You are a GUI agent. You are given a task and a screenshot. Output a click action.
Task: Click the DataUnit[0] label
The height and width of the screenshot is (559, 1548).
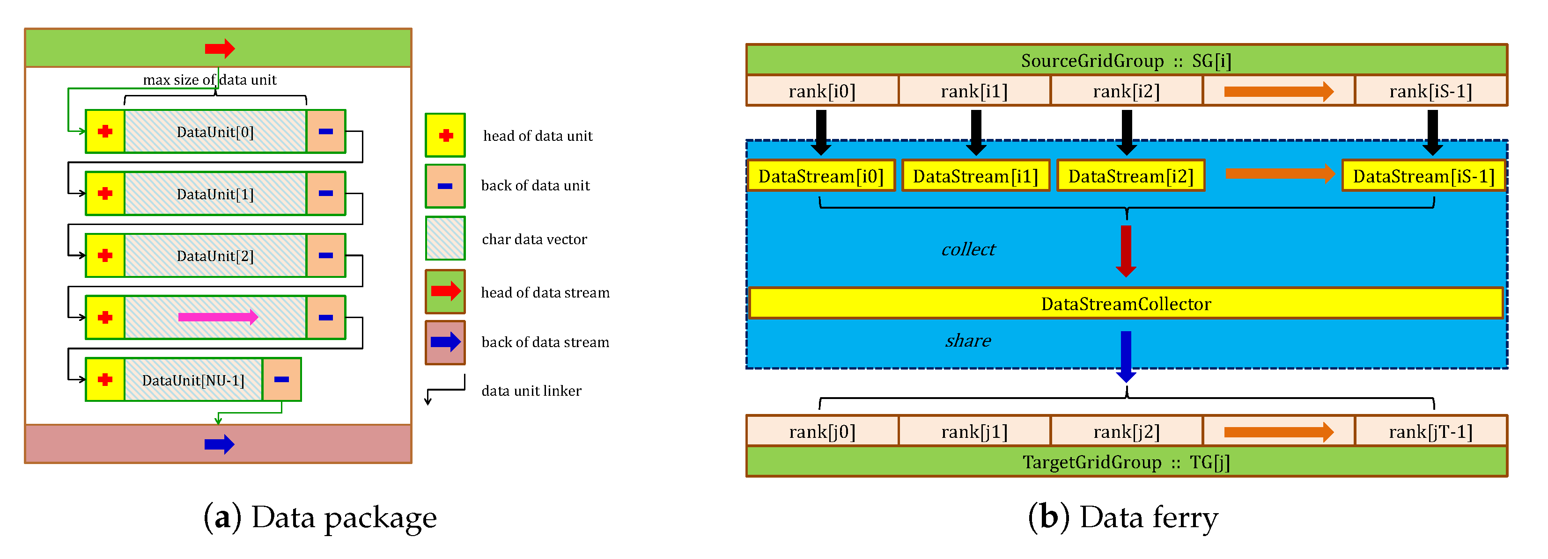215,132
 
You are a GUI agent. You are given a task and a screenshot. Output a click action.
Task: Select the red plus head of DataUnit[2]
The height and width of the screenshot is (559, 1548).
105,256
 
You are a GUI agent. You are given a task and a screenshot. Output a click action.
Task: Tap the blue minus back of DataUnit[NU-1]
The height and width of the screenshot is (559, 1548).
281,379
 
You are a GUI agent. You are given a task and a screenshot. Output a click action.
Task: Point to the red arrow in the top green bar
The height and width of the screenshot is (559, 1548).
219,49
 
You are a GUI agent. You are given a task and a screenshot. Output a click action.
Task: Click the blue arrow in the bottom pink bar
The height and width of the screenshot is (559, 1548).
219,444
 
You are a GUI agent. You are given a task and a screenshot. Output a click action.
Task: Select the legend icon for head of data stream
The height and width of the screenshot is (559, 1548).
445,292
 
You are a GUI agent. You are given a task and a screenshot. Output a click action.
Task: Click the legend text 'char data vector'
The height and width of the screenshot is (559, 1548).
534,240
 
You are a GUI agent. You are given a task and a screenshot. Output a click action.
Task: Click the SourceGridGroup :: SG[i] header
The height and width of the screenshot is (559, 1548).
1126,61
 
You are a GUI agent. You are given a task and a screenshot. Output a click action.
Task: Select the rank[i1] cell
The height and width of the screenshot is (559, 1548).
974,91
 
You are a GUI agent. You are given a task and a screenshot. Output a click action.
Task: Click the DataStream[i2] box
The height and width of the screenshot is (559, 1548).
1130,176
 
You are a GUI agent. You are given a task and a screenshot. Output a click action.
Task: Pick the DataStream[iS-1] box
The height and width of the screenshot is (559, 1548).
1423,176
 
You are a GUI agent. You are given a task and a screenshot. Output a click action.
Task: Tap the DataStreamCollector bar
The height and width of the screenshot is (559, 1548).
1126,304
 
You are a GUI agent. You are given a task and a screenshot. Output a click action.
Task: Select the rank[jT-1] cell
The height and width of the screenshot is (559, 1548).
1430,432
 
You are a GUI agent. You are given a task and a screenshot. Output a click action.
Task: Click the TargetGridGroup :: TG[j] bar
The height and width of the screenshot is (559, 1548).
1126,462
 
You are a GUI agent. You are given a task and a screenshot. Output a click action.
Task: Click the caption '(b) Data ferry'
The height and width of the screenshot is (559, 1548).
1122,517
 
